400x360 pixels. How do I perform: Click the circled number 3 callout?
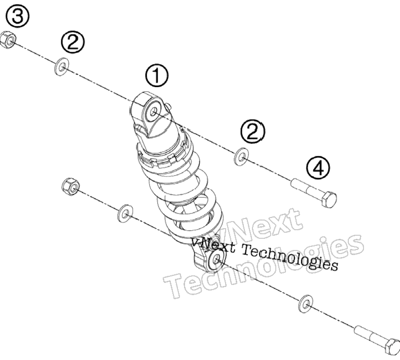[17, 16]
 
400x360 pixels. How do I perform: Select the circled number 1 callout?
[157, 76]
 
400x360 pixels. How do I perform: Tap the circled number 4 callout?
[318, 168]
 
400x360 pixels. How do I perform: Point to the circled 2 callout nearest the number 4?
[253, 132]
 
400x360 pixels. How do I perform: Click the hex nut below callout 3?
[8, 40]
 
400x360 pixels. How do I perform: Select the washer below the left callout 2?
[61, 67]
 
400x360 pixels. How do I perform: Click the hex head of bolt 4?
[330, 199]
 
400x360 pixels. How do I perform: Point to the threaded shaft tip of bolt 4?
[294, 183]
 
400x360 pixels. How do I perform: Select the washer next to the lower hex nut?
[125, 213]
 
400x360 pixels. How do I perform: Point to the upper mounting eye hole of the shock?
[153, 112]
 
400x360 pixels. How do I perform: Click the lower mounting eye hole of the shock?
[217, 260]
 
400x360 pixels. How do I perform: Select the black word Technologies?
[290, 258]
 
